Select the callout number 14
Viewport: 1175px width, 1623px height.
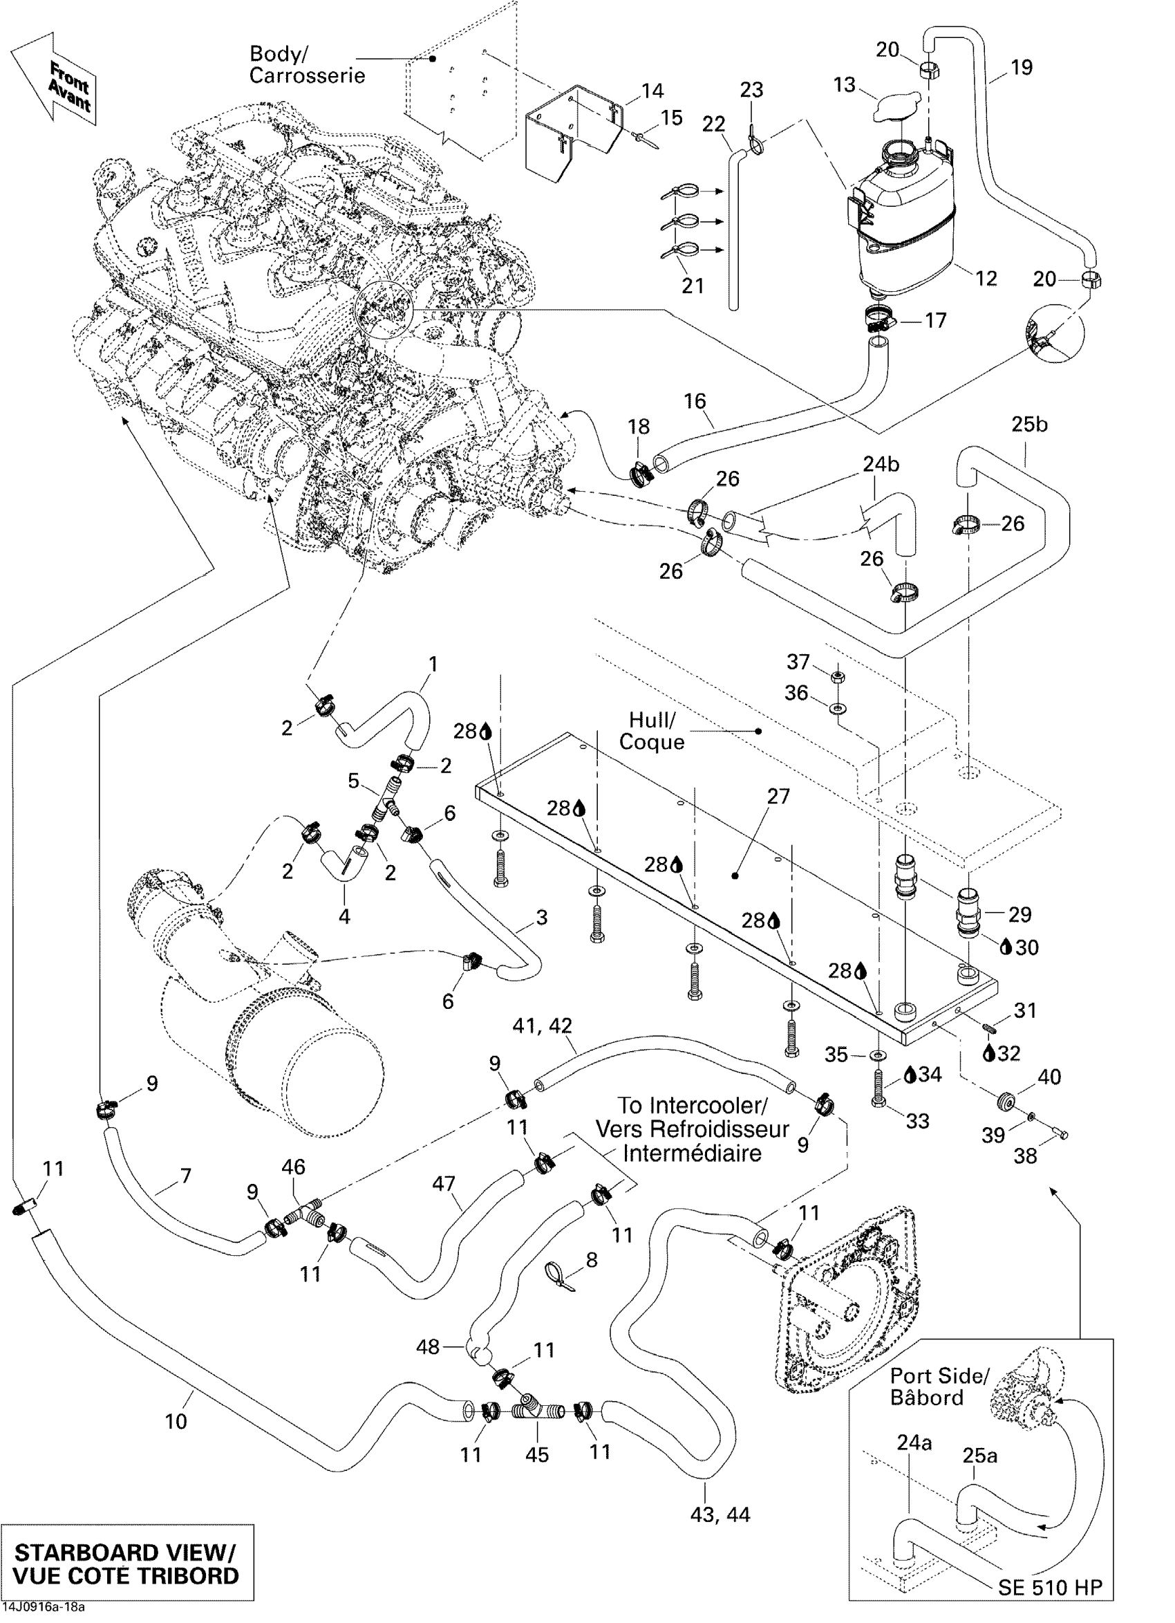click(652, 91)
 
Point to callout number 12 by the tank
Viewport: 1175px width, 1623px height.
click(986, 278)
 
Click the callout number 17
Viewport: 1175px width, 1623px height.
click(935, 321)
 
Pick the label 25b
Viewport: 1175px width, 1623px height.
click(1029, 425)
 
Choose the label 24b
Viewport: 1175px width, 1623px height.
click(881, 464)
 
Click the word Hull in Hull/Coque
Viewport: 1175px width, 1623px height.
click(652, 719)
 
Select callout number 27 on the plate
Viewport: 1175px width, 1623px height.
click(778, 796)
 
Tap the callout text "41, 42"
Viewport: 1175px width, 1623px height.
click(542, 1026)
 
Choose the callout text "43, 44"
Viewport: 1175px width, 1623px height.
click(720, 1514)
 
